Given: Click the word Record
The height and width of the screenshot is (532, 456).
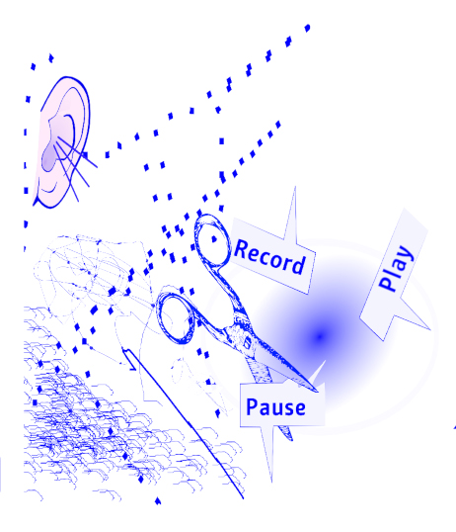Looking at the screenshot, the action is click(x=269, y=257).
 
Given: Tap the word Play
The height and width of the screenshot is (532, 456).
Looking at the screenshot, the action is click(x=396, y=268).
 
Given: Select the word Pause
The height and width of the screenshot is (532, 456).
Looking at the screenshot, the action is click(x=275, y=407).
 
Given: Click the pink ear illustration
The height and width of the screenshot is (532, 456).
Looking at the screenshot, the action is click(x=62, y=141).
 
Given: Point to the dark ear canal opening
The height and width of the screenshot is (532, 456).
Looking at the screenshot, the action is click(x=49, y=157).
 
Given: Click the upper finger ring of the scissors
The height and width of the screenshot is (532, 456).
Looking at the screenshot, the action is click(x=212, y=241).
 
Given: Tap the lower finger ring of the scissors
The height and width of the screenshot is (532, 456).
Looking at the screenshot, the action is click(x=176, y=317).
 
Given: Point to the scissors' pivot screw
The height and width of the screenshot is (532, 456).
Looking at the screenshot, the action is click(x=248, y=342).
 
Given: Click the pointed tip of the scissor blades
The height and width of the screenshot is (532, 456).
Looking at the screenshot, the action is click(x=317, y=391).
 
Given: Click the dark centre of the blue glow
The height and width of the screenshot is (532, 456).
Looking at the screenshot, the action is click(x=320, y=336).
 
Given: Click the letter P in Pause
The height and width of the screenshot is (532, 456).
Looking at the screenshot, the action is click(x=252, y=406).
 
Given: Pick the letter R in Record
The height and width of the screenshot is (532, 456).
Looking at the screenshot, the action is click(x=241, y=249).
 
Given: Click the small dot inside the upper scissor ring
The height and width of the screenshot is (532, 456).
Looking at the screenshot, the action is click(x=214, y=239).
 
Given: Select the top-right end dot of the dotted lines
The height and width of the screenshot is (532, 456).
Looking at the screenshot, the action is click(x=307, y=28).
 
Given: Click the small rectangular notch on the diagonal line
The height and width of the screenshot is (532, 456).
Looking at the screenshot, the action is click(x=129, y=359).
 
